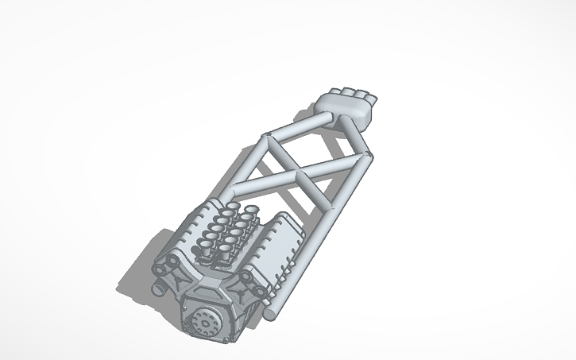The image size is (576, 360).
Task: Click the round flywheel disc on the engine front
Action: tap(205, 322)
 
